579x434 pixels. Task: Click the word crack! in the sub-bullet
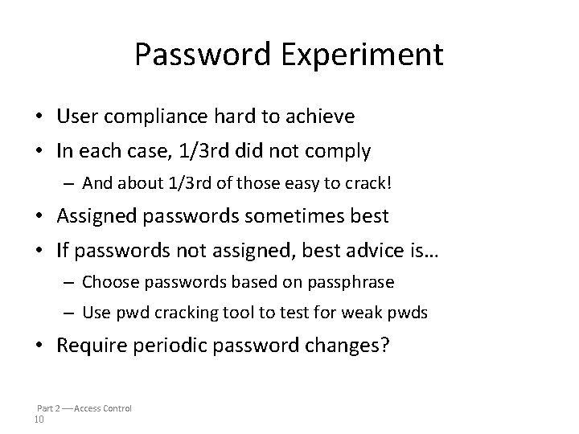370,183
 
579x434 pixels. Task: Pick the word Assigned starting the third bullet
91,217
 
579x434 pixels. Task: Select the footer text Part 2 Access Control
84,408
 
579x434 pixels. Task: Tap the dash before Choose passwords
69,282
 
